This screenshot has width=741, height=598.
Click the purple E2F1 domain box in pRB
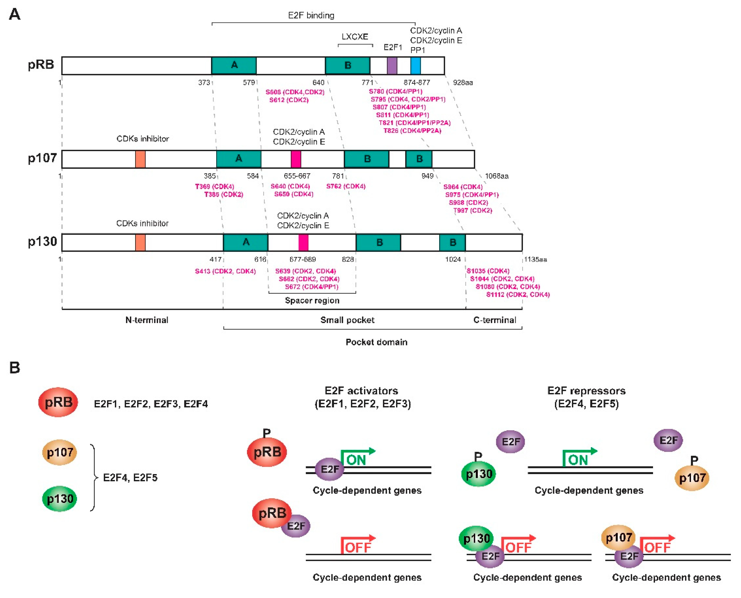coord(392,65)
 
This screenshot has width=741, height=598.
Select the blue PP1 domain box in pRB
coord(415,65)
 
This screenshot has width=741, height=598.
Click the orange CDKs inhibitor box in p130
coord(140,243)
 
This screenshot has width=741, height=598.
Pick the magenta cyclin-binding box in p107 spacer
coord(296,159)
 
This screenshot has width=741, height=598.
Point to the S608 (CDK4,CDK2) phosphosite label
coord(295,92)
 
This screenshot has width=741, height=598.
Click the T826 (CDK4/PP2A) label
coord(412,131)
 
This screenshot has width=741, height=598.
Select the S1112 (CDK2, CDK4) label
coord(518,295)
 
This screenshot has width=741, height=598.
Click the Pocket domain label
coord(377,342)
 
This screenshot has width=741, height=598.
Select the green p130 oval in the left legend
coord(60,499)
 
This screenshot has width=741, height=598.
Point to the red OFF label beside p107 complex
coord(657,547)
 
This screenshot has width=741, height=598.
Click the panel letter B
coord(14,368)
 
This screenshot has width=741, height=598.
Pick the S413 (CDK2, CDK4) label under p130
coord(225,271)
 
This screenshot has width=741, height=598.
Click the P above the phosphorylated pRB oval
coord(267,433)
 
